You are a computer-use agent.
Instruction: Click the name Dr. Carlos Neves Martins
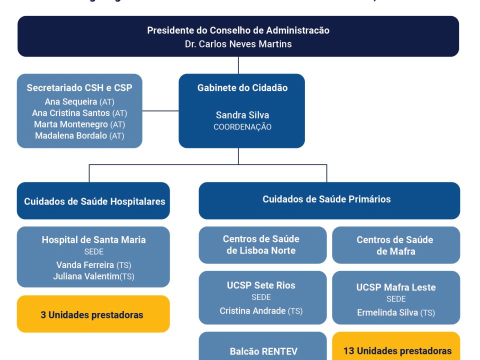point(238,44)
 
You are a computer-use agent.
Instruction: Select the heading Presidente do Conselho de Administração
point(238,30)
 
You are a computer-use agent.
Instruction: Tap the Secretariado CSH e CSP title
point(79,87)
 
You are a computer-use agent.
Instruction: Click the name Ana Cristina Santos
point(71,113)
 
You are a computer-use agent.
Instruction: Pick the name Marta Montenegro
point(71,124)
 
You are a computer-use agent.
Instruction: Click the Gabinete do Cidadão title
point(242,87)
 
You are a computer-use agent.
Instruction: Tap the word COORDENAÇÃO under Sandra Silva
point(242,127)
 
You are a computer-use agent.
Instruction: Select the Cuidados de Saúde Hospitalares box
point(94,201)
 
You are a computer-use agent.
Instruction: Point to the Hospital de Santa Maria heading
point(93,239)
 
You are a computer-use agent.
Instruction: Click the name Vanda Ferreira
point(85,265)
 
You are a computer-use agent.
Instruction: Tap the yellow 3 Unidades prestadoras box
point(93,315)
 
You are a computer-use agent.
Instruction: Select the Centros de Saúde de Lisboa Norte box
point(262,245)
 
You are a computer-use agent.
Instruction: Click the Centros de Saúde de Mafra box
point(395,245)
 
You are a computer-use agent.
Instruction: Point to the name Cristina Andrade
point(252,310)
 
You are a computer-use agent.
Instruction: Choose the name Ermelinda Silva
point(387,312)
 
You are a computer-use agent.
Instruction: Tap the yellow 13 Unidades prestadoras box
point(396,350)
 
